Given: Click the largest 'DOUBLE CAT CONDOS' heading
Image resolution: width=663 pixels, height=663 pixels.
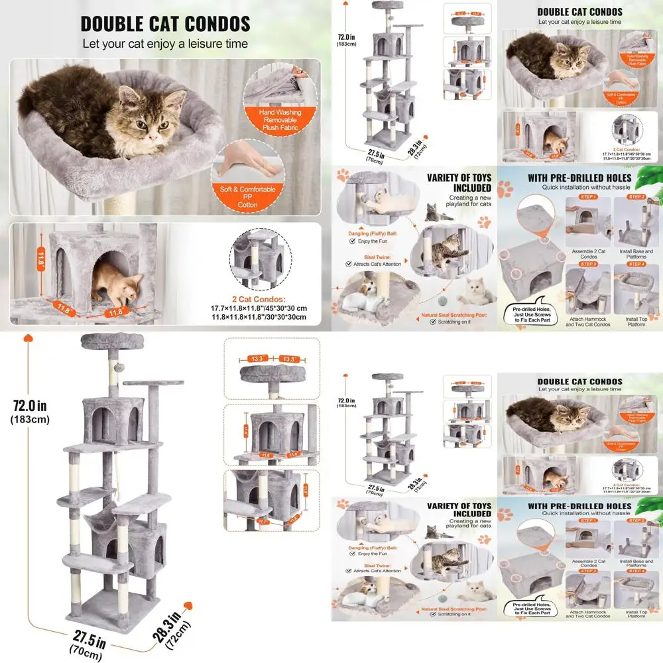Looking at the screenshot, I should pos(165,24).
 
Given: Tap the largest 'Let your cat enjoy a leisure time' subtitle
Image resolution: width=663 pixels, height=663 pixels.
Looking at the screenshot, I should pos(165,44).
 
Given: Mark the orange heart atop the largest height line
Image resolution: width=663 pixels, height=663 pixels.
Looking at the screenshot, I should pos(28,337).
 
